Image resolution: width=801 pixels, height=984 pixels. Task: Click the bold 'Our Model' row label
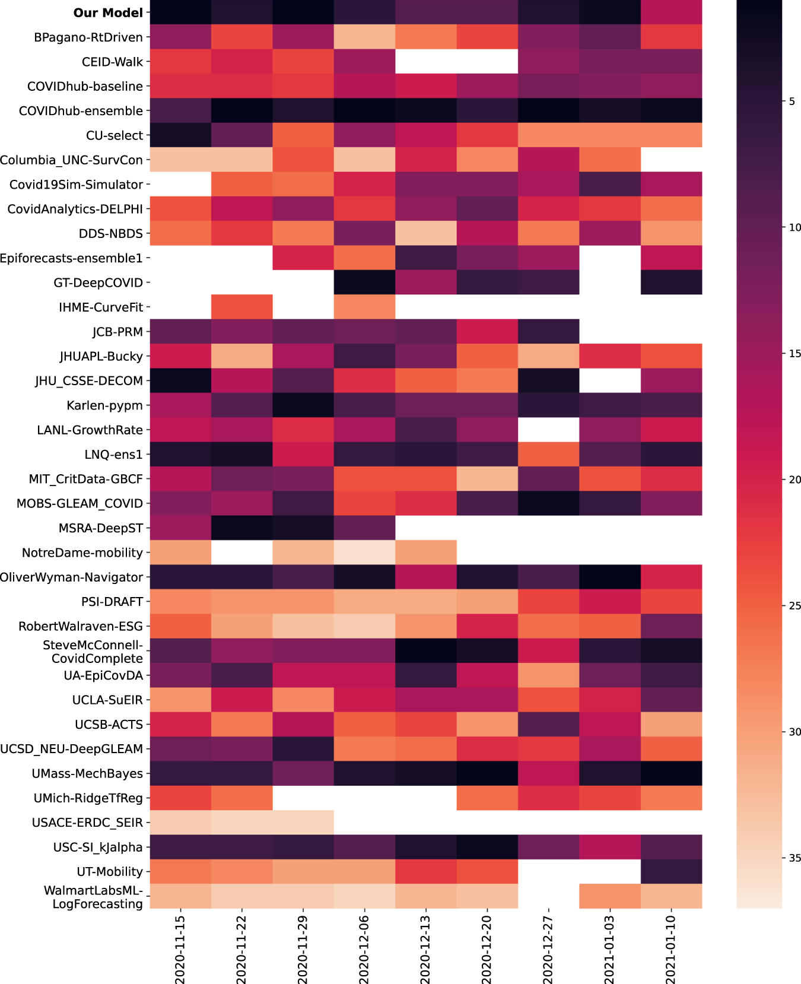pyautogui.click(x=108, y=12)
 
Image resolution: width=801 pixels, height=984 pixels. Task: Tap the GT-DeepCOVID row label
pyautogui.click(x=98, y=283)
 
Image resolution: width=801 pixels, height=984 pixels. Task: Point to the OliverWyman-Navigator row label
pyautogui.click(x=71, y=577)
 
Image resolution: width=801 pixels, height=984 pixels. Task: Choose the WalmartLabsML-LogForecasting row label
pyautogui.click(x=93, y=897)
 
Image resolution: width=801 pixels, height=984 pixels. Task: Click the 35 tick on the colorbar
pyautogui.click(x=794, y=858)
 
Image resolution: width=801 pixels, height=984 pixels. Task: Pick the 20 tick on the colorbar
pyautogui.click(x=794, y=480)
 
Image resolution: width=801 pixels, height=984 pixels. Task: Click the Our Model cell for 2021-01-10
pyautogui.click(x=671, y=12)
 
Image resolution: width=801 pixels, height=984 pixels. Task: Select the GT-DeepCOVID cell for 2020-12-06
pyautogui.click(x=364, y=282)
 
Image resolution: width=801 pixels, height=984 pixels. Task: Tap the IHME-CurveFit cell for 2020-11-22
pyautogui.click(x=241, y=307)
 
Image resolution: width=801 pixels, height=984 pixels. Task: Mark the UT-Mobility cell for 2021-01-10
pyautogui.click(x=671, y=871)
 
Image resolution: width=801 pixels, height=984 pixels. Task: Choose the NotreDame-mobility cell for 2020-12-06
pyautogui.click(x=364, y=553)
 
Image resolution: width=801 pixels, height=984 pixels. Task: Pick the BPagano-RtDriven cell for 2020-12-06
pyautogui.click(x=364, y=37)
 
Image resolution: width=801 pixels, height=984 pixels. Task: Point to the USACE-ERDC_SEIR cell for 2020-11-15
pyautogui.click(x=180, y=822)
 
